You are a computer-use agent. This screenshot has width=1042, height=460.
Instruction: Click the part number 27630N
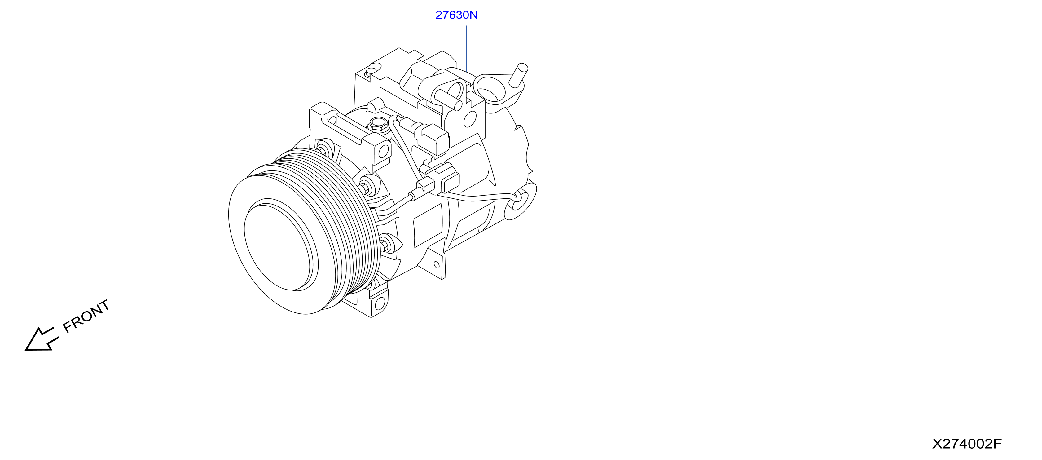click(456, 15)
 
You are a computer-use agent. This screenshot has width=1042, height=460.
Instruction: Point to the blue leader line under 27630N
click(466, 49)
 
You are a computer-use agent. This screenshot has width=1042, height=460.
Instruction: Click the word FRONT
click(86, 316)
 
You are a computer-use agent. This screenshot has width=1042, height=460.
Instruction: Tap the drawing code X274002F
click(967, 444)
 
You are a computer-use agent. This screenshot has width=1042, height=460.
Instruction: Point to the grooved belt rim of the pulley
click(344, 227)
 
